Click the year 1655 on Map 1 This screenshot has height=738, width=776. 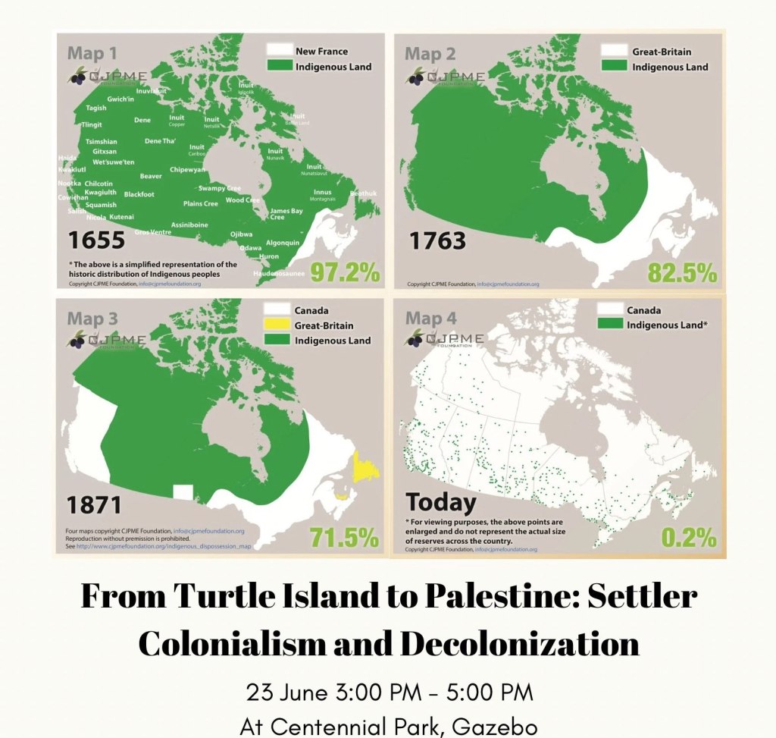[96, 240]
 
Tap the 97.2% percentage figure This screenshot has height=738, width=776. [345, 272]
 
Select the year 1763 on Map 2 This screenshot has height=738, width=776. [438, 240]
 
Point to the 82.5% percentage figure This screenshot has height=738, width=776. [681, 272]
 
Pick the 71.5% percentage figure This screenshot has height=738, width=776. [344, 538]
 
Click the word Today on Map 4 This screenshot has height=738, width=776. [442, 502]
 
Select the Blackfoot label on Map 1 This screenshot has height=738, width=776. [139, 194]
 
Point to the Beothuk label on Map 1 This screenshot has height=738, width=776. [363, 193]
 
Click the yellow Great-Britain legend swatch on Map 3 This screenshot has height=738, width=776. [276, 325]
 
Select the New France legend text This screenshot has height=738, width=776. [321, 52]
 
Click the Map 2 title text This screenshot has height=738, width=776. [429, 54]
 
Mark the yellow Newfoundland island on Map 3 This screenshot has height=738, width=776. [365, 468]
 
